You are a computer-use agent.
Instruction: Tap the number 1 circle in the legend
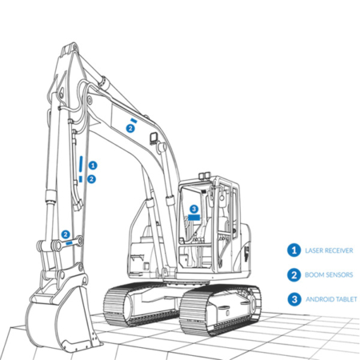[294, 250]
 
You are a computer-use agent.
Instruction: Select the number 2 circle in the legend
[294, 274]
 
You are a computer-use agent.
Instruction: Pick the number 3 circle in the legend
[294, 299]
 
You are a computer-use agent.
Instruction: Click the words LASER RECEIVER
[329, 250]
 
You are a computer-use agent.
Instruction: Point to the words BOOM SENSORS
[329, 274]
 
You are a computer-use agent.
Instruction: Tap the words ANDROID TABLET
[331, 299]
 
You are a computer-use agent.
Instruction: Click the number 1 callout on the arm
[93, 166]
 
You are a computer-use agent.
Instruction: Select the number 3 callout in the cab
[194, 209]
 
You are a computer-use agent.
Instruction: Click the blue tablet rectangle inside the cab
[194, 218]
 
